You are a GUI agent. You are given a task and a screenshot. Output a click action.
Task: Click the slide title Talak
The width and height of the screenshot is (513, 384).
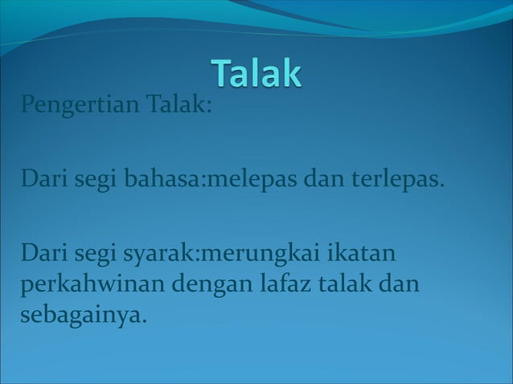pyautogui.click(x=257, y=73)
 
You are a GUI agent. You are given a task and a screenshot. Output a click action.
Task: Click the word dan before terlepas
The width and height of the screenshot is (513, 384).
pyautogui.click(x=321, y=178)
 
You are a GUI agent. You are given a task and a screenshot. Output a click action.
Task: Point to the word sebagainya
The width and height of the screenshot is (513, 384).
pyautogui.click(x=84, y=315)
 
